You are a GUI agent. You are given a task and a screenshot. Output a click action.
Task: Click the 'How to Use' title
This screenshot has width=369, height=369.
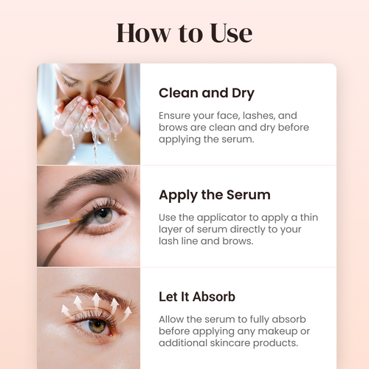pos(184,33)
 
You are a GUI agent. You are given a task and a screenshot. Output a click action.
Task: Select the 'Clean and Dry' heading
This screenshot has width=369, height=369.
pos(207,94)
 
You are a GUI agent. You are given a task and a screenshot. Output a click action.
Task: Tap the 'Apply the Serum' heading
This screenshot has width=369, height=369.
pos(215,196)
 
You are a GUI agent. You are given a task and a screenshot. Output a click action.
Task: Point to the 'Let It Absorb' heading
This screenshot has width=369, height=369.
pos(197,297)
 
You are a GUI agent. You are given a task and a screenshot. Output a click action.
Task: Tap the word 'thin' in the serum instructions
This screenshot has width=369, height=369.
pos(309,217)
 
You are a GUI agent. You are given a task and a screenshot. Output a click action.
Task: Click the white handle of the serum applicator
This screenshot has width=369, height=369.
pos(53,224)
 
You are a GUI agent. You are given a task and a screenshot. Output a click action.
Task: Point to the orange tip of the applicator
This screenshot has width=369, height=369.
pos(76,220)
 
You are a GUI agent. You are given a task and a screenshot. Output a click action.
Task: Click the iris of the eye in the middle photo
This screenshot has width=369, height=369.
pos(103,215)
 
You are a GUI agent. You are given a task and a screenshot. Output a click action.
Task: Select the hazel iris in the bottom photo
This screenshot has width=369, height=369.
pos(97,325)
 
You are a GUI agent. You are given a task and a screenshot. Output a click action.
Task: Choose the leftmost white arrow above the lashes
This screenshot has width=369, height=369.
pos(66,311)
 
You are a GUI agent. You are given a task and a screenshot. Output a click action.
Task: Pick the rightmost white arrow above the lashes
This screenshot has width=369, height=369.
pos(128,313)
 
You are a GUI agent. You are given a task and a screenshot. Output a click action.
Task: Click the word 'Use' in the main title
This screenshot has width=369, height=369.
pos(231,33)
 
